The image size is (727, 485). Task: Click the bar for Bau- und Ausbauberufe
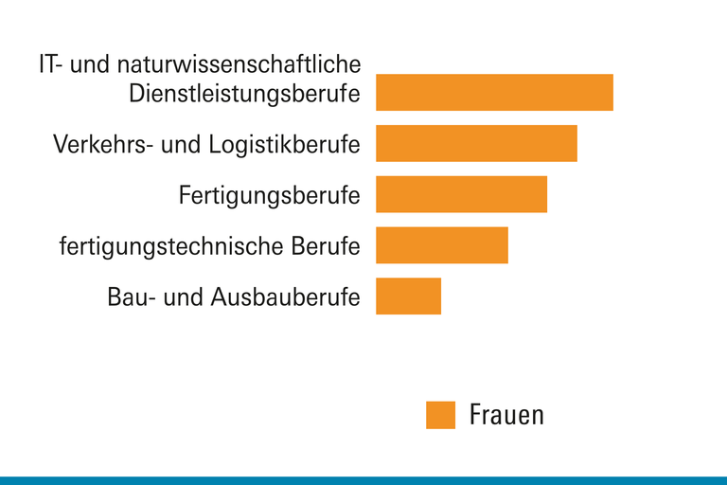[x=408, y=296]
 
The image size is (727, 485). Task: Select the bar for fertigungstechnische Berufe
[x=441, y=245]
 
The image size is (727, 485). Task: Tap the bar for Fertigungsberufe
[x=461, y=194]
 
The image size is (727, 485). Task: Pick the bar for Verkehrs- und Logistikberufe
[x=476, y=143]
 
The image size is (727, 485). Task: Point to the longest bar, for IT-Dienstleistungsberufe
[x=494, y=92]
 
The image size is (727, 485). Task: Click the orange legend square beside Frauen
[x=440, y=415]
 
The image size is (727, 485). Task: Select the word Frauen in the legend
[x=506, y=415]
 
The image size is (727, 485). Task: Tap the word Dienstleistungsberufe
[x=244, y=95]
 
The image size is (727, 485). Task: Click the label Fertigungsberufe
[x=269, y=197]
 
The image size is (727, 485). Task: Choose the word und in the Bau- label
[x=186, y=297]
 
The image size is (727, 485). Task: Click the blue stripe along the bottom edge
[x=363, y=480]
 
